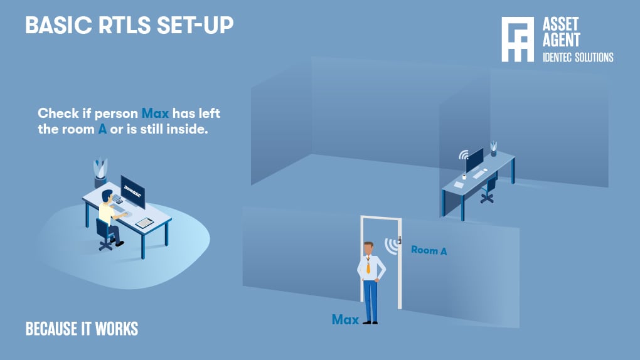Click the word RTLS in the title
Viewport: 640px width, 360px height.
115,25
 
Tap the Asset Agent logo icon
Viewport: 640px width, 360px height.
517,39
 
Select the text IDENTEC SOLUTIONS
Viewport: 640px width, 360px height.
577,58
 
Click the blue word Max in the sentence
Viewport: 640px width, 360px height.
156,114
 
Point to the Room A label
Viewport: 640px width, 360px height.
429,250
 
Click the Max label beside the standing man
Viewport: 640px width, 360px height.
345,320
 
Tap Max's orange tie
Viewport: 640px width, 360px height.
368,265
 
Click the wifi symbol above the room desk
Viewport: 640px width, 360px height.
463,154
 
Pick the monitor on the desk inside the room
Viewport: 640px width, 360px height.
474,161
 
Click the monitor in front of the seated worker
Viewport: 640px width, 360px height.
133,191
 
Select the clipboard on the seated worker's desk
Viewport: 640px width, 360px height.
144,222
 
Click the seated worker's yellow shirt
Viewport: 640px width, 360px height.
106,213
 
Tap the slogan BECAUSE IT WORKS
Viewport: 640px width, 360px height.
82,329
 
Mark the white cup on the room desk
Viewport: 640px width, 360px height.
464,177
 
